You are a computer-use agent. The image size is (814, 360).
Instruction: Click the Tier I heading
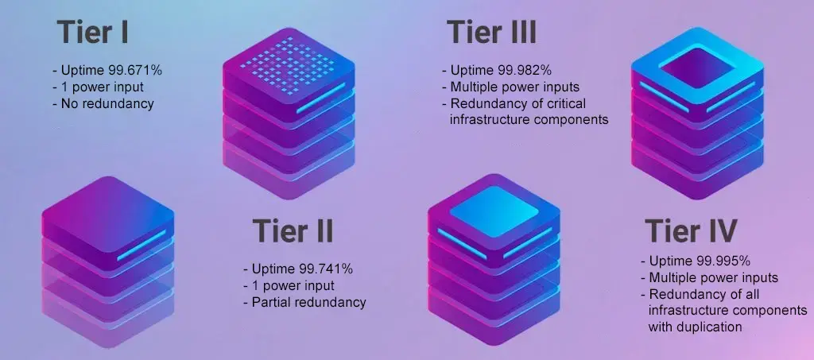coord(92,32)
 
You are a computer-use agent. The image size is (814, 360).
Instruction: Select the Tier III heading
coord(491,32)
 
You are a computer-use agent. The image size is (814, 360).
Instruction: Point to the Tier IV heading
coord(691,230)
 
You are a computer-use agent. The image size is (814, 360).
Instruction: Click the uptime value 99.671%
coord(135,71)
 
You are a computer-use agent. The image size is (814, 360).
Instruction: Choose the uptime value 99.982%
coord(525,71)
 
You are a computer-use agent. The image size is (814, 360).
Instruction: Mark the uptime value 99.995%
coord(723,261)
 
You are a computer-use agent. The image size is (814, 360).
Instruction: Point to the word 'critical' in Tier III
coord(565,103)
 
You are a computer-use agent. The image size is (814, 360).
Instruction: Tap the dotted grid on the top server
coord(289,66)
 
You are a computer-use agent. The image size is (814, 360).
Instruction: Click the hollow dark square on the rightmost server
coord(696,68)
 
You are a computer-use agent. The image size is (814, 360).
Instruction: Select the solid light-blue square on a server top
coord(494,211)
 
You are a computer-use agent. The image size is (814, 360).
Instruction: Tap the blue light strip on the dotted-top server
coord(321,98)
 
